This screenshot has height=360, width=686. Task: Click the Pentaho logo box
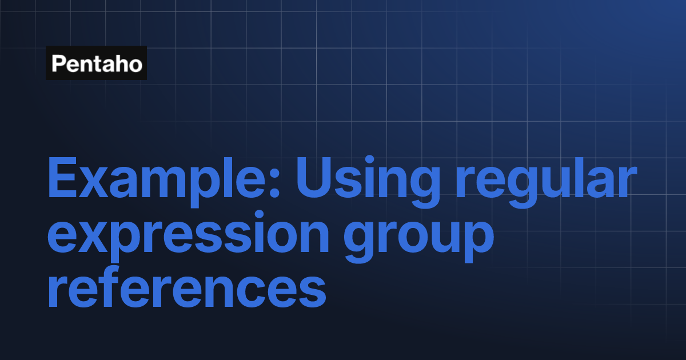click(x=96, y=63)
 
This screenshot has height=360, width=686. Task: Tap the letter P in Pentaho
click(x=58, y=63)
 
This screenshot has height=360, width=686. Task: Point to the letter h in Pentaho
click(x=121, y=63)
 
